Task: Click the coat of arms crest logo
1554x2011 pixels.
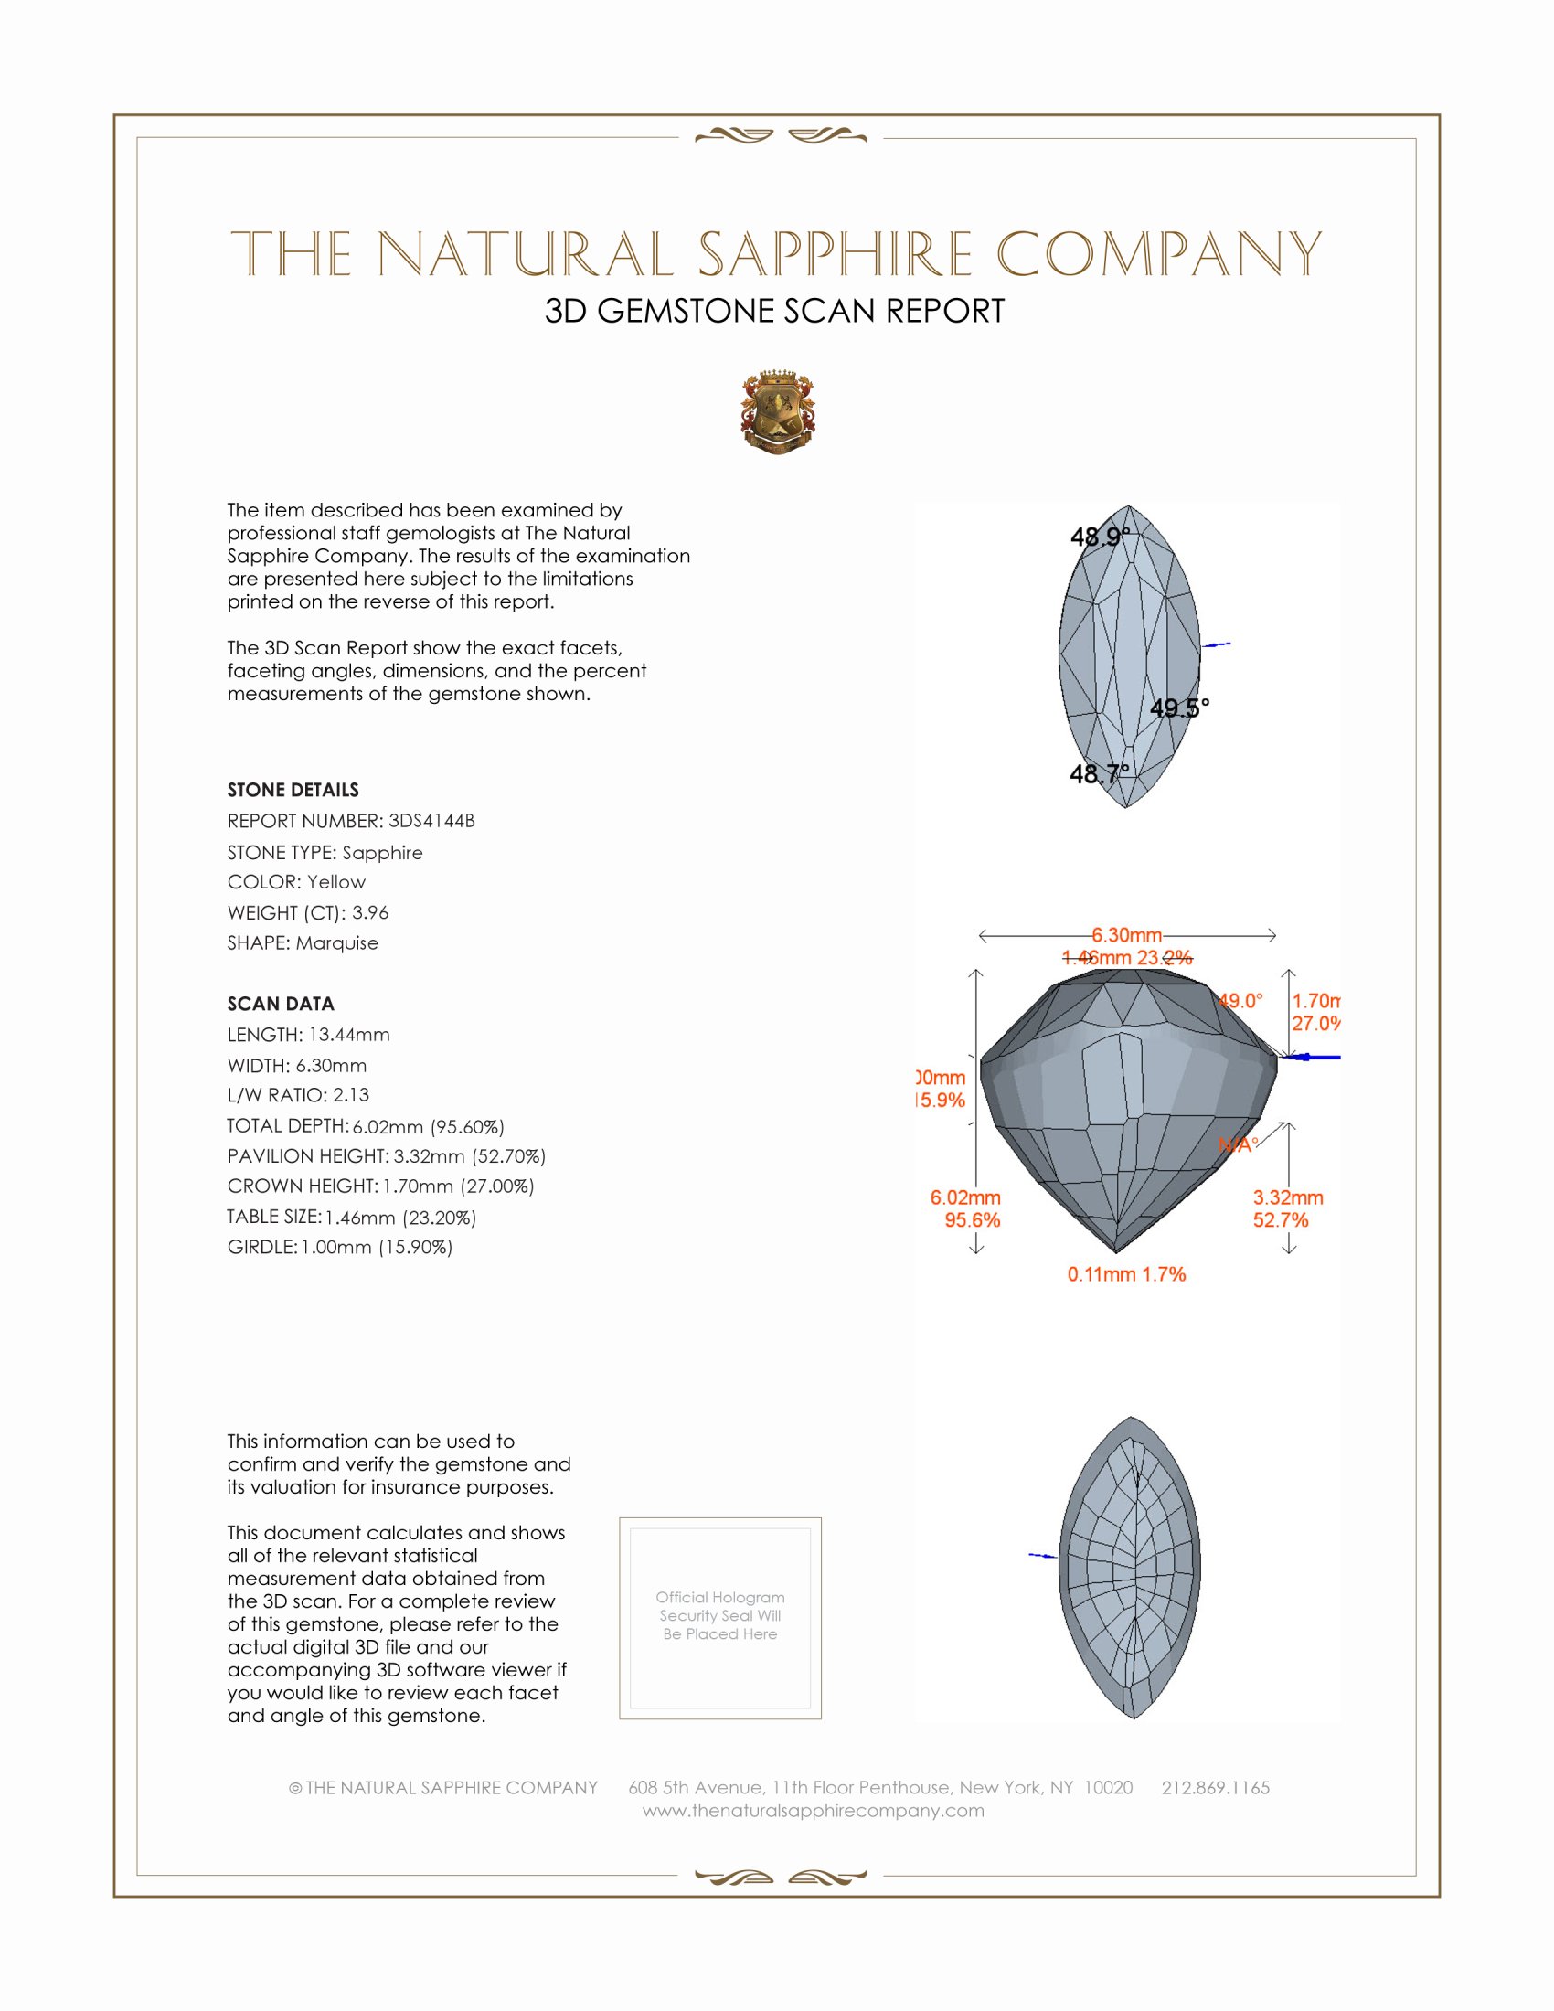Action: coord(778,413)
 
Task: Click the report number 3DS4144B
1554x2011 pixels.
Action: coord(431,821)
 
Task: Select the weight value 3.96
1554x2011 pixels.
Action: coord(370,912)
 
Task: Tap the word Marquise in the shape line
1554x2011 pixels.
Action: coord(337,943)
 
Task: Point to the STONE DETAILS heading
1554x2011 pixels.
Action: coord(293,790)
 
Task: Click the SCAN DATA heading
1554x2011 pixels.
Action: coord(281,1004)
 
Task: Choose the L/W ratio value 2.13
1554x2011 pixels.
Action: coord(351,1095)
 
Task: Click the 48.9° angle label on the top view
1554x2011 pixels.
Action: coord(1099,536)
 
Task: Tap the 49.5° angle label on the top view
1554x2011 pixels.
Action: coord(1179,708)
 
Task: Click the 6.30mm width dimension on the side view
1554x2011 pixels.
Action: coord(1127,935)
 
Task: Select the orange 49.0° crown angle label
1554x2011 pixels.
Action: coord(1240,1001)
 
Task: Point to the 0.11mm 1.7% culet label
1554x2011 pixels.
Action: coord(1126,1274)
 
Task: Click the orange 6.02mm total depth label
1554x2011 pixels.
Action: coord(964,1198)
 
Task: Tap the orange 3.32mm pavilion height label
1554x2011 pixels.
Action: coord(1288,1198)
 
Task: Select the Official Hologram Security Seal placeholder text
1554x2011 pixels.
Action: coord(720,1615)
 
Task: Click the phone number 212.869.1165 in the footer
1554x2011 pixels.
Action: coord(1215,1787)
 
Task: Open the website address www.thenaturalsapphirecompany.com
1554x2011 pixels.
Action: coord(813,1810)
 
